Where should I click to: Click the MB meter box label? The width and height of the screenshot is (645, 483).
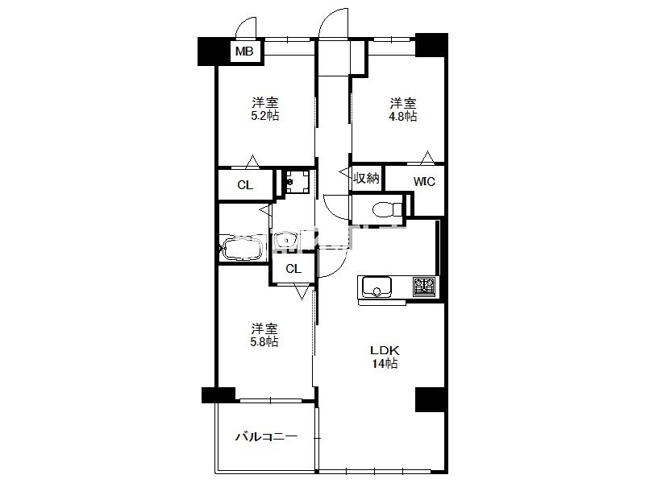click(x=244, y=52)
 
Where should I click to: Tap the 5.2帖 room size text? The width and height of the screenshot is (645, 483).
click(x=265, y=115)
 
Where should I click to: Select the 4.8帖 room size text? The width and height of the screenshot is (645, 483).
click(x=403, y=116)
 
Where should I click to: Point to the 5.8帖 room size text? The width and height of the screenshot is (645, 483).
click(x=264, y=341)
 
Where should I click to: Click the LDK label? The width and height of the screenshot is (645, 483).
click(x=385, y=351)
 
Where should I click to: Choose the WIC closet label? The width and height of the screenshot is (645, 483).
click(x=424, y=181)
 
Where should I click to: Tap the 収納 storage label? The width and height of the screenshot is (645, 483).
click(x=366, y=178)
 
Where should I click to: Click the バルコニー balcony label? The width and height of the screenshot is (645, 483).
click(x=267, y=436)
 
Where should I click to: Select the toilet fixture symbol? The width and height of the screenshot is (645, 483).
click(x=388, y=209)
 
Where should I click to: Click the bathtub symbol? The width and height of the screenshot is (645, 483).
click(x=242, y=248)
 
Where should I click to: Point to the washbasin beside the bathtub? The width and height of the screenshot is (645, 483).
click(x=286, y=239)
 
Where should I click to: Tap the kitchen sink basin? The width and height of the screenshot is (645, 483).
click(x=377, y=287)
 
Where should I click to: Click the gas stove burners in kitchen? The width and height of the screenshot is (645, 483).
click(x=424, y=287)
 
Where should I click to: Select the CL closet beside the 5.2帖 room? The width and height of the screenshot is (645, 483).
click(x=246, y=185)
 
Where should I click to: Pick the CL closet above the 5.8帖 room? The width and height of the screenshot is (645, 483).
click(x=293, y=269)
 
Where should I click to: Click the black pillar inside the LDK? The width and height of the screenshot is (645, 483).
click(x=430, y=399)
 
